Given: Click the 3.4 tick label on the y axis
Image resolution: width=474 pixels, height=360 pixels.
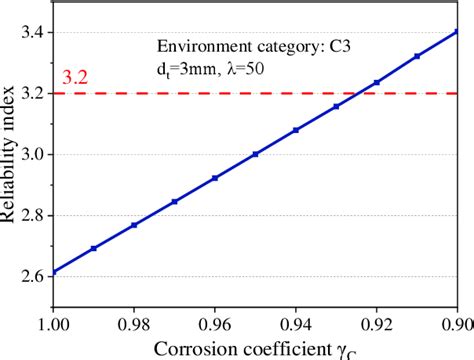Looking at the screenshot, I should point(30,32).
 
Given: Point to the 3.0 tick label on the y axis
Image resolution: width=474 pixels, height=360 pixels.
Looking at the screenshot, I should point(30,154).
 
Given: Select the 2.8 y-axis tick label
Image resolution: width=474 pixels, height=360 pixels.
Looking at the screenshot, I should point(30,215).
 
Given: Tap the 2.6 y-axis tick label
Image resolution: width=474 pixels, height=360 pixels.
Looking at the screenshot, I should point(30,276).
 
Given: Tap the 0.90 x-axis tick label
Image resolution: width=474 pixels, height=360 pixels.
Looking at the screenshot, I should point(452,323).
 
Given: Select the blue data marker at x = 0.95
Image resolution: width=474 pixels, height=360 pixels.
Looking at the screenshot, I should point(255,154).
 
